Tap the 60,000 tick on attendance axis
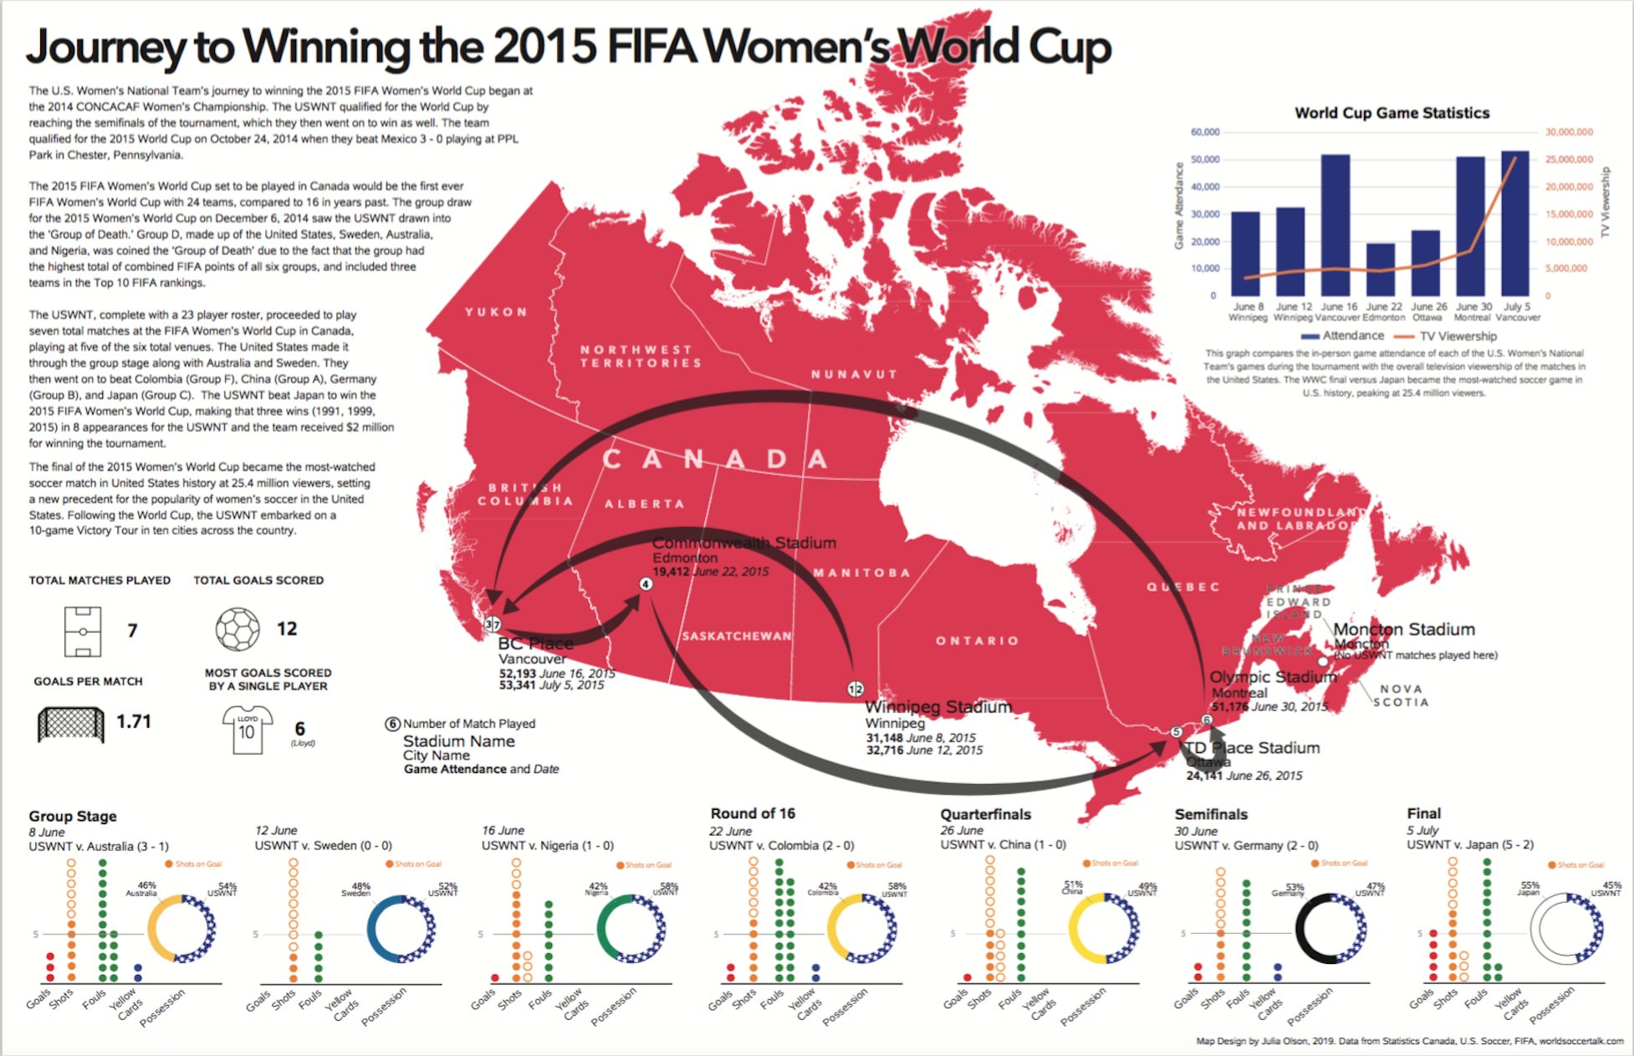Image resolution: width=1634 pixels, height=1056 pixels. pos(1205,132)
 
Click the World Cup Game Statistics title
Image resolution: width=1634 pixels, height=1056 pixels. pos(1391,113)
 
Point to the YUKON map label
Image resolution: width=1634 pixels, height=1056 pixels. pos(497,312)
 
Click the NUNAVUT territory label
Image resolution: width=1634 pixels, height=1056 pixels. pos(854,374)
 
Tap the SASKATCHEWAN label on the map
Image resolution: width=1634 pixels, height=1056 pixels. pos(737,636)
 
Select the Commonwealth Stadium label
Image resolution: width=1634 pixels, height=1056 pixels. pos(743,543)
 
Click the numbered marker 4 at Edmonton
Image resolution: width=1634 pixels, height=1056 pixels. pos(646,584)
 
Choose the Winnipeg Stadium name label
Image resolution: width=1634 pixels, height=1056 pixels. pos(938,707)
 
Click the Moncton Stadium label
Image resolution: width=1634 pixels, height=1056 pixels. pos(1403,629)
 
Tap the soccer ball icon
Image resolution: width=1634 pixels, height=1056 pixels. pos(237,628)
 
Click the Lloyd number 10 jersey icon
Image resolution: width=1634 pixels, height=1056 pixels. pos(247,730)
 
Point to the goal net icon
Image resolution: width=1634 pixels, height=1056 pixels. pos(71,724)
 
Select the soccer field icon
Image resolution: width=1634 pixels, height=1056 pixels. pos(83,631)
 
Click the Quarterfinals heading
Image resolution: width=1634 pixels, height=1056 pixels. pos(985,814)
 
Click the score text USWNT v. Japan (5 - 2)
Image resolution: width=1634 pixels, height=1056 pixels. pos(1470,844)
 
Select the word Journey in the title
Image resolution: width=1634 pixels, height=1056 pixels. pos(105,47)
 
